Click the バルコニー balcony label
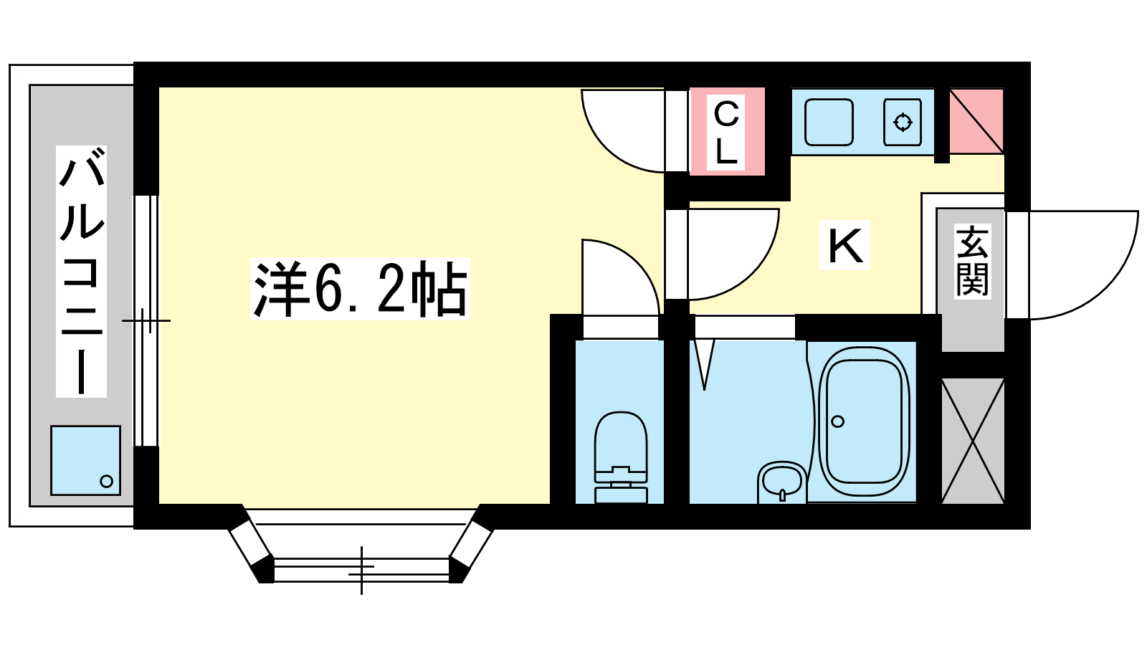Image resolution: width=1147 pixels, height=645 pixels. [x=82, y=272]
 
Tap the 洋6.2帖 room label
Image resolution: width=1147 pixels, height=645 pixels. [x=361, y=289]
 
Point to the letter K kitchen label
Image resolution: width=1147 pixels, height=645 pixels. [x=845, y=245]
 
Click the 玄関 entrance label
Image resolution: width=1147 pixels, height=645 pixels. [x=972, y=262]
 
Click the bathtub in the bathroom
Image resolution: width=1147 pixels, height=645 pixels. [x=863, y=421]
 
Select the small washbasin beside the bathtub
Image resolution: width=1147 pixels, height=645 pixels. [x=782, y=482]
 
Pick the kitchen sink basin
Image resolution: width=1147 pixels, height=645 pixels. [x=829, y=123]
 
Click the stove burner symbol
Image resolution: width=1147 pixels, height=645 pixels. [x=903, y=123]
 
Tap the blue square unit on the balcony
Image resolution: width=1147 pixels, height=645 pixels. [x=85, y=460]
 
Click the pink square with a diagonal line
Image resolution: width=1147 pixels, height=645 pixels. [x=976, y=121]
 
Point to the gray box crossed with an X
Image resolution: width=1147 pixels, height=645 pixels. [x=973, y=441]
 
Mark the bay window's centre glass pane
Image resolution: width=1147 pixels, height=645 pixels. [x=361, y=570]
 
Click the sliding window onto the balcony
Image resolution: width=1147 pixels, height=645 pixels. [x=146, y=321]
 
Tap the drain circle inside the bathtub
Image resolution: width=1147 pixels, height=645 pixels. [x=838, y=422]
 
